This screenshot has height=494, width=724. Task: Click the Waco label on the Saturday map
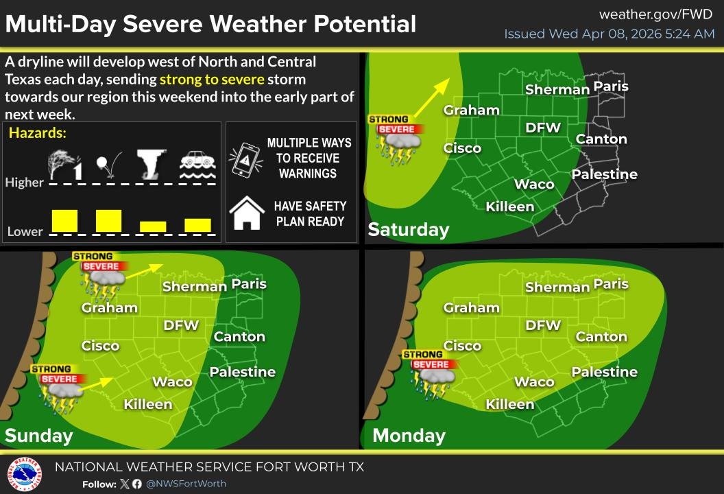pos(534,184)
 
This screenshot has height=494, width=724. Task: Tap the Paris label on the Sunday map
pos(249,283)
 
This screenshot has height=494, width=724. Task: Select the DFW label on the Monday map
pos(543,325)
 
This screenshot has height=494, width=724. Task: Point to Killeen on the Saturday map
pos(509,207)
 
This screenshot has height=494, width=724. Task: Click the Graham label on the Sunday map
pos(110,307)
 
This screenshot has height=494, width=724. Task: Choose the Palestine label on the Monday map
pos(604,372)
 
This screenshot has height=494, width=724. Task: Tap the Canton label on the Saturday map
pos(601,139)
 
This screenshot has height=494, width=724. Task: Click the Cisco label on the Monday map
pos(462,346)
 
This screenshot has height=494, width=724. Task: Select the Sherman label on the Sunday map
pos(195,286)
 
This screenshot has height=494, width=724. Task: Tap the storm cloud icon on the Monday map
pos(437,377)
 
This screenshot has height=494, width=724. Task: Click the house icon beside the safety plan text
pos(246,213)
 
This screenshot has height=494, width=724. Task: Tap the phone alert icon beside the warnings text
pos(246,158)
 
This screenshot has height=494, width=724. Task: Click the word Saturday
pos(409,229)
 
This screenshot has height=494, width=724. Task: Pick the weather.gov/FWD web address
pos(656,14)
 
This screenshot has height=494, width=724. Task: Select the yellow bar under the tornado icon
pos(153,226)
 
